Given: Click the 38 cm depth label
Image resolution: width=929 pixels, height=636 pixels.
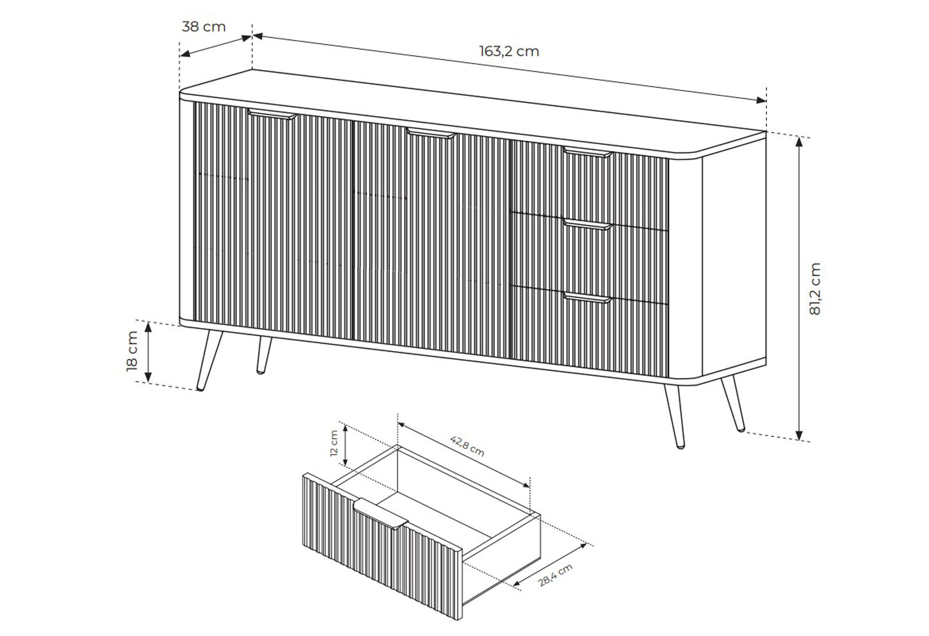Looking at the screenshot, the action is [204, 26].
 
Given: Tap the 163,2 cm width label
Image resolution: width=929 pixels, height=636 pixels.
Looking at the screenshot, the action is [509, 51].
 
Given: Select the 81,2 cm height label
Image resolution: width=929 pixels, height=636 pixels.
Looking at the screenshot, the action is [815, 289].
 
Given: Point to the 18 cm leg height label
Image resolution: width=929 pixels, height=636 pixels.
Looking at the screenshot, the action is [132, 351].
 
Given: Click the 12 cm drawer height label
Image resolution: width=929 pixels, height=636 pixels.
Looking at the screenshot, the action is [334, 443].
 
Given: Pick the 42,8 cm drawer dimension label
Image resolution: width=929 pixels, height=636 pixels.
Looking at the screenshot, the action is [467, 446].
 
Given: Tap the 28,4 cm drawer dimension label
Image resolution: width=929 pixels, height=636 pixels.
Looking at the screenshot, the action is [556, 575].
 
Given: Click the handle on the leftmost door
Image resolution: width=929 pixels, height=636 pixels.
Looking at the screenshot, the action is [272, 114].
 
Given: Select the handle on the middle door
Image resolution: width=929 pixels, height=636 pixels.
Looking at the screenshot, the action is [431, 133].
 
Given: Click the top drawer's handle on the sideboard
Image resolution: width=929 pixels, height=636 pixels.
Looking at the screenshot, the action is [588, 152].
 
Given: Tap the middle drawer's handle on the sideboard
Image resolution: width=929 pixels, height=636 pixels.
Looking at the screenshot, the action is [588, 225].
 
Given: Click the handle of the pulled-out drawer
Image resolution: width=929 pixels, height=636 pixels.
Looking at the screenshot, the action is [381, 514].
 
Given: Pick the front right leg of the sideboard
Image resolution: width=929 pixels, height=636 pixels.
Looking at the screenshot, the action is [675, 416].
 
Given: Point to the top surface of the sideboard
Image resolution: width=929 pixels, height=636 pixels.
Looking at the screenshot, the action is [473, 112].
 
